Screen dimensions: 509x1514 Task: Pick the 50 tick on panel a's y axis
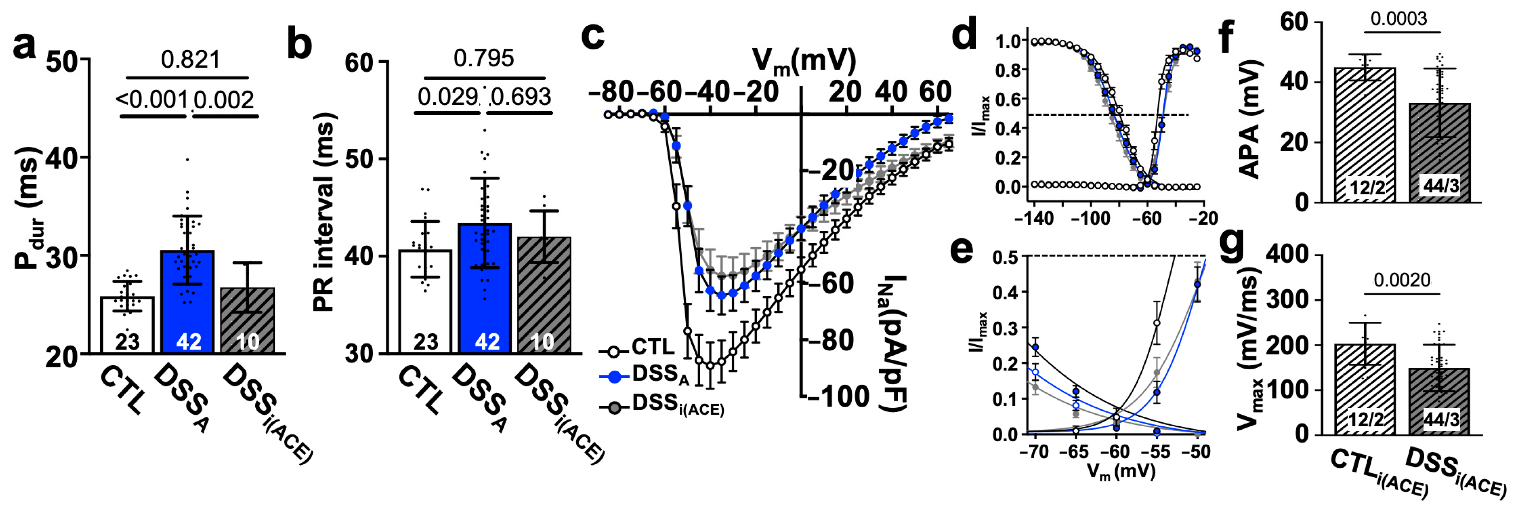tap(64, 61)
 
